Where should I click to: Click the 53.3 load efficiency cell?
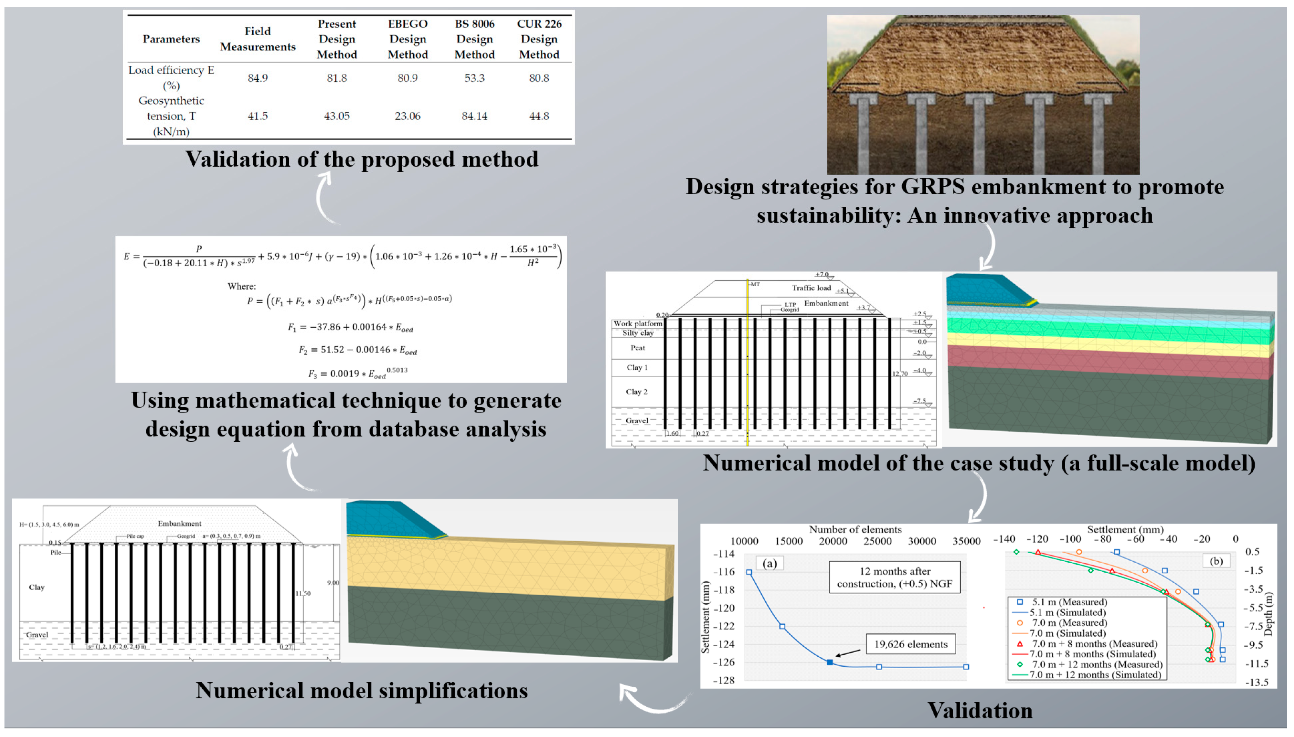474,78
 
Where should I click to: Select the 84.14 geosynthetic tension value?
474,116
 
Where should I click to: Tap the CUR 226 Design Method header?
539,39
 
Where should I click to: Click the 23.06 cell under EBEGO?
407,116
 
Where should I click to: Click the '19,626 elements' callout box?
910,644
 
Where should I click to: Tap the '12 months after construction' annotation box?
894,577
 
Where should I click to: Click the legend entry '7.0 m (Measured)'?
1069,623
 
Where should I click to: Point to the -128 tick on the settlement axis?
724,680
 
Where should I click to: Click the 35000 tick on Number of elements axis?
966,541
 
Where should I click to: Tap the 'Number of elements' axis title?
855,530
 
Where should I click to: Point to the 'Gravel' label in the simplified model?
37,635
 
